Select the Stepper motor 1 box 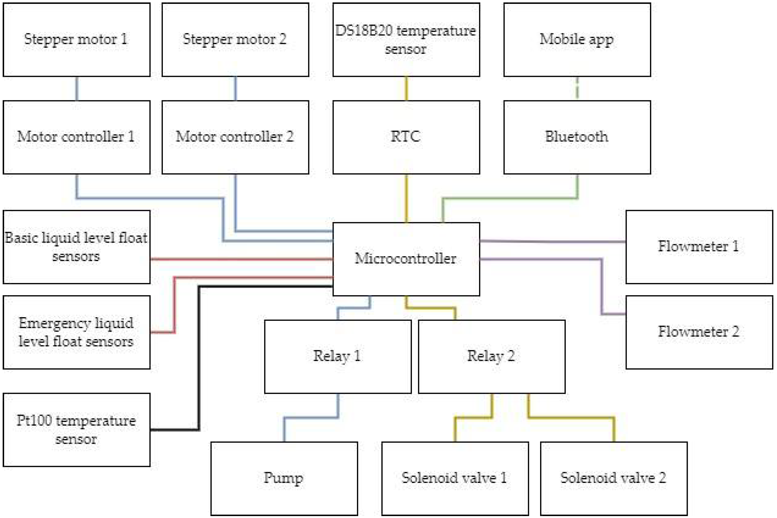[x=76, y=40]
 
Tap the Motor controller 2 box [x=235, y=137]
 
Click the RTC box [x=406, y=137]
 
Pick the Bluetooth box [x=577, y=137]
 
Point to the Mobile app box [x=577, y=40]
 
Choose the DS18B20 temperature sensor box [x=406, y=40]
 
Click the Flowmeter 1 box [x=699, y=247]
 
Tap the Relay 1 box [x=338, y=356]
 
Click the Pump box [x=284, y=478]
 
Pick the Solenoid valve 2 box [x=614, y=478]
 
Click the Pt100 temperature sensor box [x=76, y=430]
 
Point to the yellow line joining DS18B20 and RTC [x=406, y=88]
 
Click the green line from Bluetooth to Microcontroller [x=509, y=198]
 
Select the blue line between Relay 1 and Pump [x=311, y=418]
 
